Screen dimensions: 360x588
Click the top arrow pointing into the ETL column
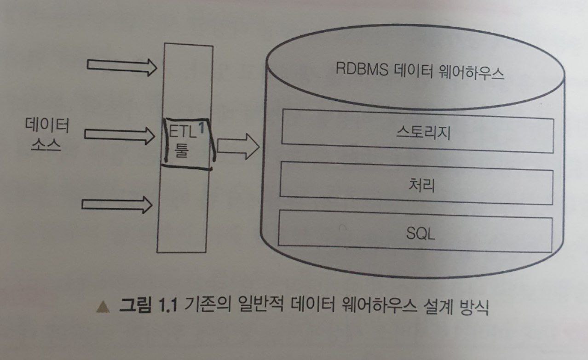(122, 67)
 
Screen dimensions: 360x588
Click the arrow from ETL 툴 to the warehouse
(238, 146)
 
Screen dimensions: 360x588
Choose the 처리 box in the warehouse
(417, 183)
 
